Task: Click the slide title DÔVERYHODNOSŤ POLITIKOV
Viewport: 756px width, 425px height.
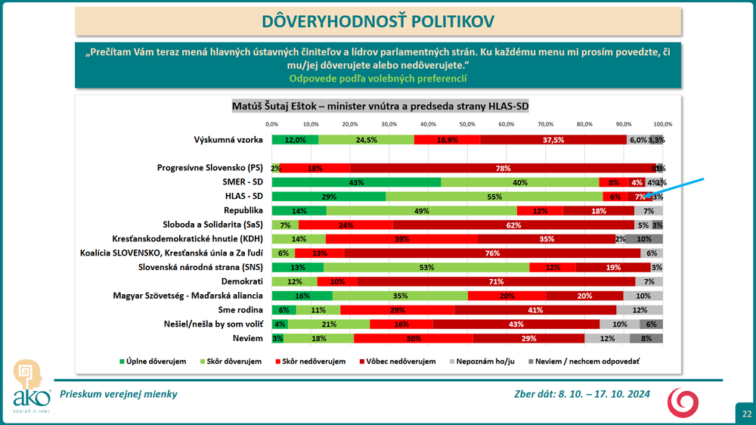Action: click(x=377, y=21)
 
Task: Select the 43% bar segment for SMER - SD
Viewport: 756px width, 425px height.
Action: click(x=356, y=182)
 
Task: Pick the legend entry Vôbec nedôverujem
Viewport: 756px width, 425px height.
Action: click(x=400, y=361)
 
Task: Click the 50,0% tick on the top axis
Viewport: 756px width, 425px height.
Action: click(x=467, y=124)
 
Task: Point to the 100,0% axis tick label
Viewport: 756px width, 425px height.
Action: click(x=663, y=124)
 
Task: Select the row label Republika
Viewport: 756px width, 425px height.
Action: click(x=243, y=210)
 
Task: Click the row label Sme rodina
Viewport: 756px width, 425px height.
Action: click(x=241, y=309)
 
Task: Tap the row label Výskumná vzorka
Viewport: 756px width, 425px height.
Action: click(x=228, y=140)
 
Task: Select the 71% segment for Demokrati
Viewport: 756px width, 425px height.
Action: click(x=496, y=281)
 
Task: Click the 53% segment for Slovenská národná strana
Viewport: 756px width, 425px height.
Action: click(x=426, y=267)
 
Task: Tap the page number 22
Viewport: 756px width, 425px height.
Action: click(x=746, y=414)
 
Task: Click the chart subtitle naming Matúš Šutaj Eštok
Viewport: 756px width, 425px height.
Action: click(x=377, y=107)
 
